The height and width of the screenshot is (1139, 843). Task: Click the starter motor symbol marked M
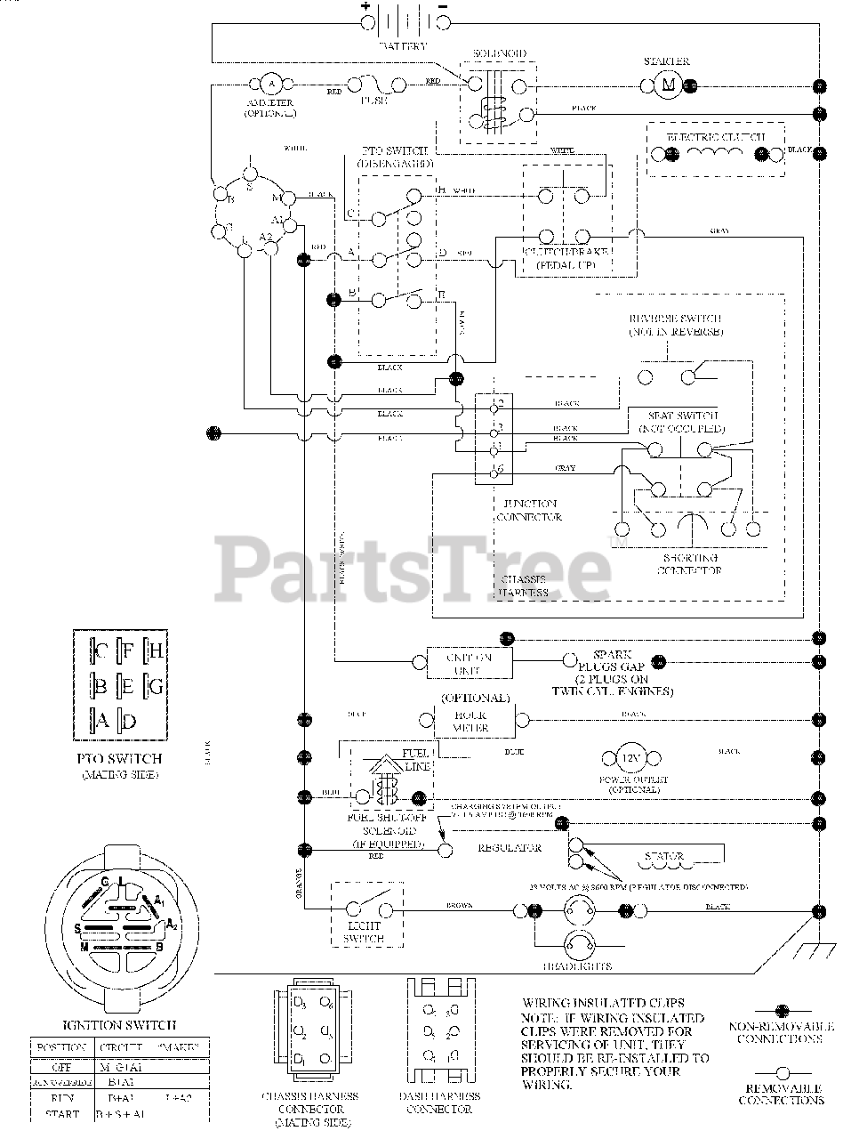coord(667,85)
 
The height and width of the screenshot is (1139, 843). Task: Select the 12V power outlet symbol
coord(630,759)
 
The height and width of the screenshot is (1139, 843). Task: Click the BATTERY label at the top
coord(403,44)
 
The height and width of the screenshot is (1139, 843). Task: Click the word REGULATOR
coord(510,848)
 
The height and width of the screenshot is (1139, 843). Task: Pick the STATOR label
coord(663,858)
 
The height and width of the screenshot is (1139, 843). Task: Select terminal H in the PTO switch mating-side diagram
coord(153,651)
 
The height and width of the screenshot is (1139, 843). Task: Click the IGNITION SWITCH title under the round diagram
coord(120,1025)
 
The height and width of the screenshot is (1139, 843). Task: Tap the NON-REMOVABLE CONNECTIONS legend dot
coord(782,1011)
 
